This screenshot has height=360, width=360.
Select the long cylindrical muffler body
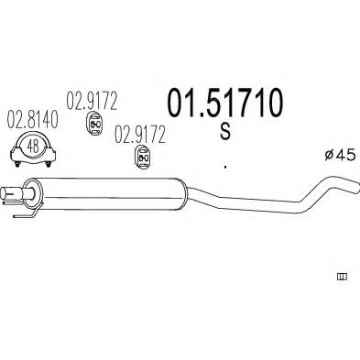[110, 188]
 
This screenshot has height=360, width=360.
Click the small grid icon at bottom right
[344, 275]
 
